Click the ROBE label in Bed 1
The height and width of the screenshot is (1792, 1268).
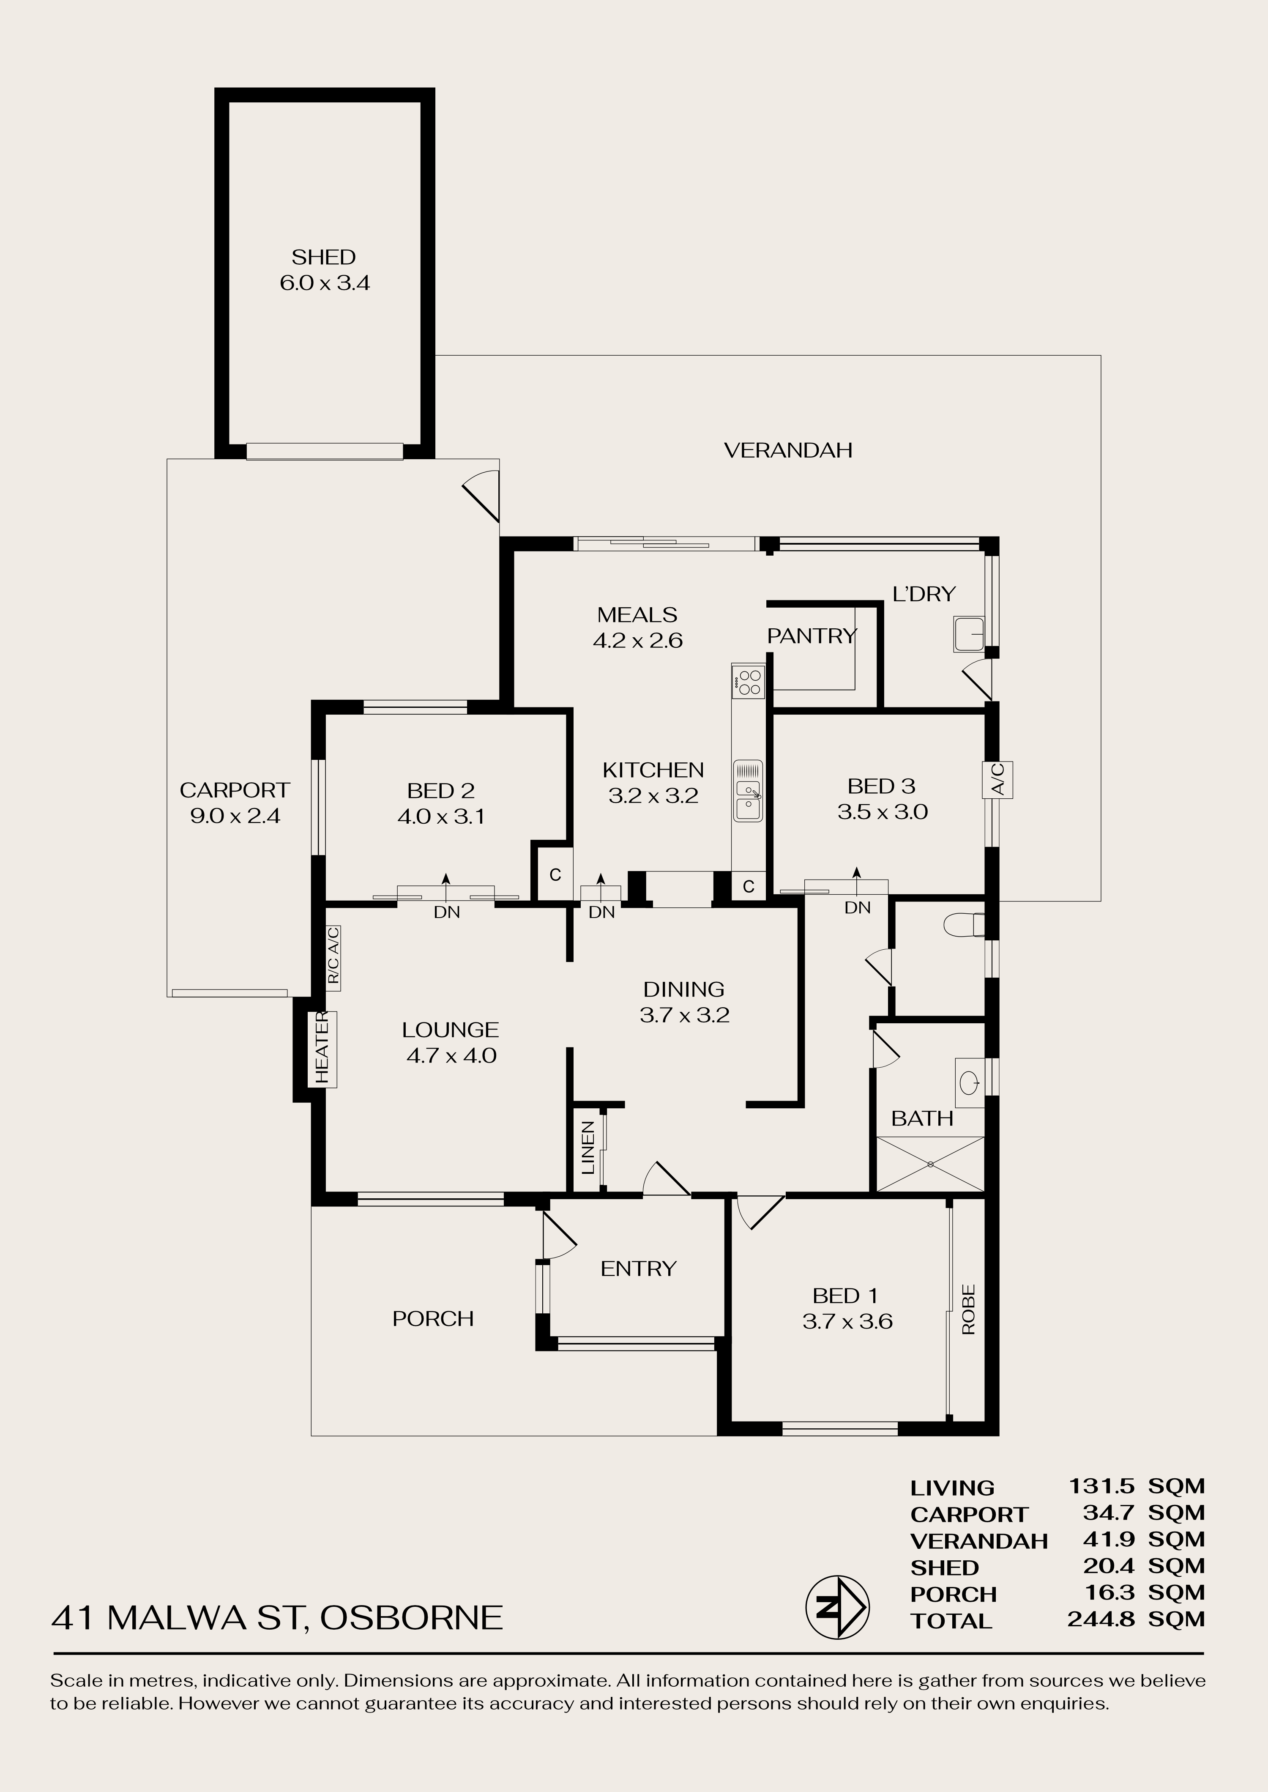coord(969,1310)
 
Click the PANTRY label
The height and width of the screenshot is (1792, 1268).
coord(812,637)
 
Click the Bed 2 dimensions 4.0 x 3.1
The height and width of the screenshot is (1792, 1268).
coord(441,817)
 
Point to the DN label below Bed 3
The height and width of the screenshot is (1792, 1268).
coord(857,908)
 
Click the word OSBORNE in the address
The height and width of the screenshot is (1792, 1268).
coord(412,1618)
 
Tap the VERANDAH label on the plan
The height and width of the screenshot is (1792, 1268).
coord(788,450)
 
